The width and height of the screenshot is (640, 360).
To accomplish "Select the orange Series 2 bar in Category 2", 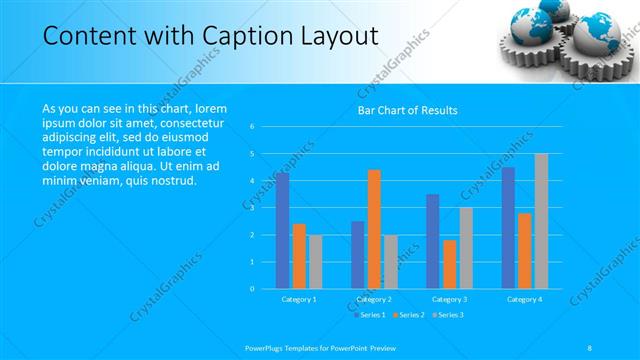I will [374, 229].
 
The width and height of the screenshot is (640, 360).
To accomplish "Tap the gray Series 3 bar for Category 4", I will [541, 221].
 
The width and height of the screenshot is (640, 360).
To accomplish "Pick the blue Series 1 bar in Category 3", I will [432, 241].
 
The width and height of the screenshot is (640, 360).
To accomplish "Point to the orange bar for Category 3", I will [449, 264].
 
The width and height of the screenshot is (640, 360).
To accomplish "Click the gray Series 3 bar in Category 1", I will [315, 262].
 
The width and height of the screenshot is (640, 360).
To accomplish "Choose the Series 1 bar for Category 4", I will [508, 228].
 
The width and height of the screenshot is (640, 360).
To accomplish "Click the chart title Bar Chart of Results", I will [408, 110].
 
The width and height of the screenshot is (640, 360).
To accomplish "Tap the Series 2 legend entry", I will [409, 314].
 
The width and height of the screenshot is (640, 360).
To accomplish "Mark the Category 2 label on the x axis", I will [374, 299].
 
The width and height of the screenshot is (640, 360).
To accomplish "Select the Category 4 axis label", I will [524, 299].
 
